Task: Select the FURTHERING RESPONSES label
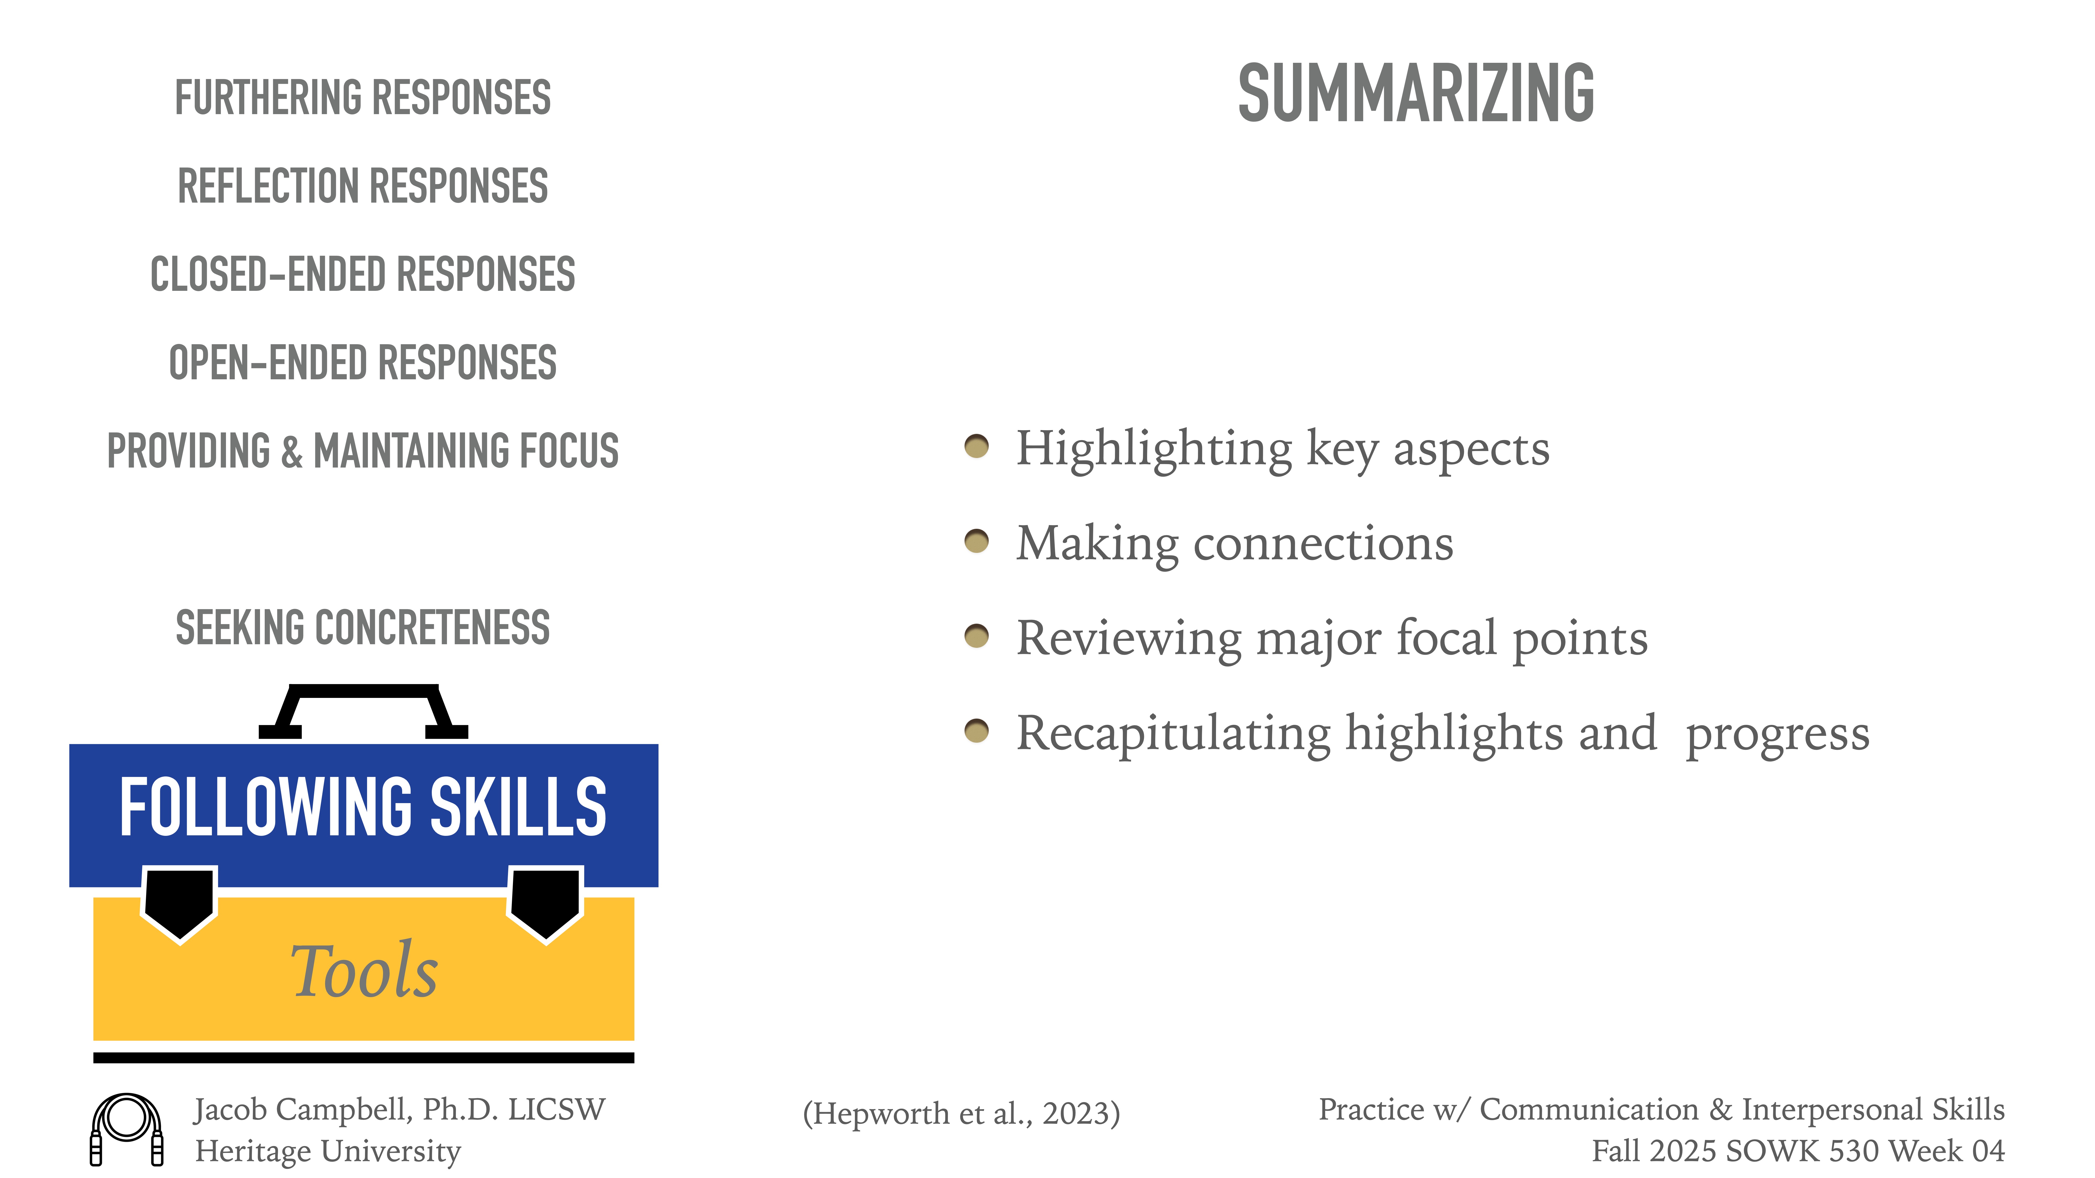[x=363, y=98]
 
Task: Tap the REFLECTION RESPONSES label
[x=363, y=186]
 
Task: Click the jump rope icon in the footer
[x=127, y=1129]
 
